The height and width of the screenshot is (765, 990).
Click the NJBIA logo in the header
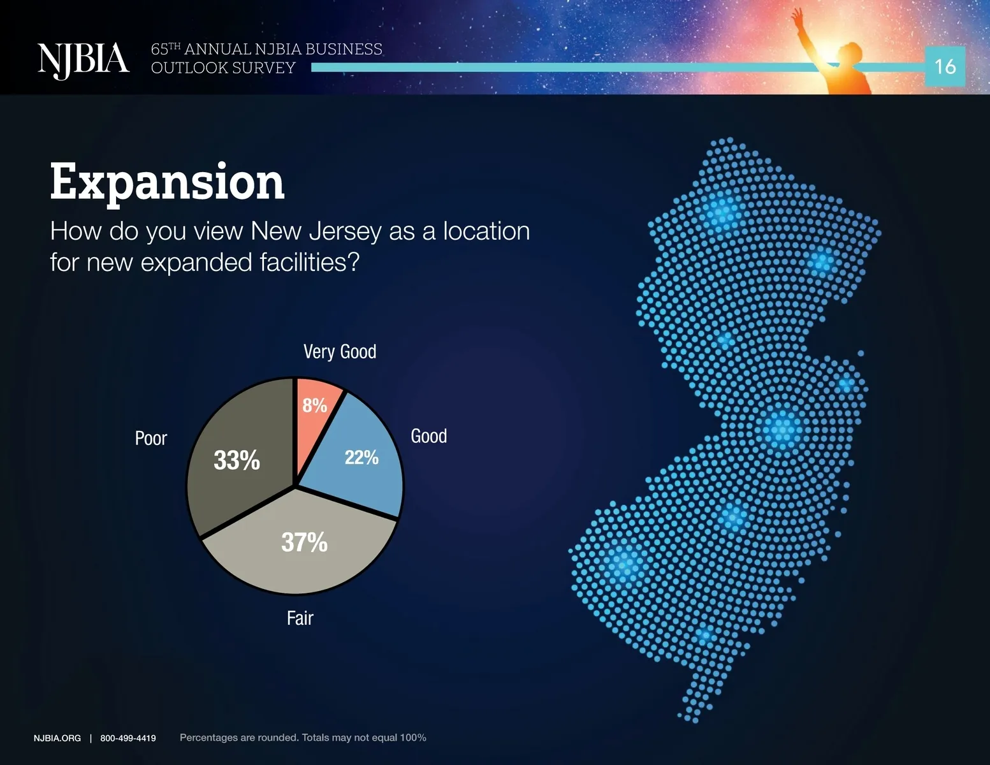coord(84,61)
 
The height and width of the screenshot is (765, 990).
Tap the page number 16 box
coord(945,66)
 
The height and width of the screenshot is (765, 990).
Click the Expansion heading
coord(167,183)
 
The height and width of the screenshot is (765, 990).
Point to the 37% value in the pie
coord(304,543)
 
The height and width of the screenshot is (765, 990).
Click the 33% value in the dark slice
coord(237,460)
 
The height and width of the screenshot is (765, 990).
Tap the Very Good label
coord(340,352)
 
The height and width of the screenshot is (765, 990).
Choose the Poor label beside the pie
coord(151,439)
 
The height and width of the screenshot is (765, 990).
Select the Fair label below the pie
coord(300,618)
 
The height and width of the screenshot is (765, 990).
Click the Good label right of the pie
coord(429,436)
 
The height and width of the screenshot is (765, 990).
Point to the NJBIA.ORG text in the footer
coord(57,738)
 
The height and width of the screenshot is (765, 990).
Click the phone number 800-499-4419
coord(128,738)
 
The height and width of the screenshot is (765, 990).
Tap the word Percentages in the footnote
coord(208,738)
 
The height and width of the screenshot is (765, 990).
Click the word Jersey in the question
coord(345,231)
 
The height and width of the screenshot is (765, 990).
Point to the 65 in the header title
coord(159,49)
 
